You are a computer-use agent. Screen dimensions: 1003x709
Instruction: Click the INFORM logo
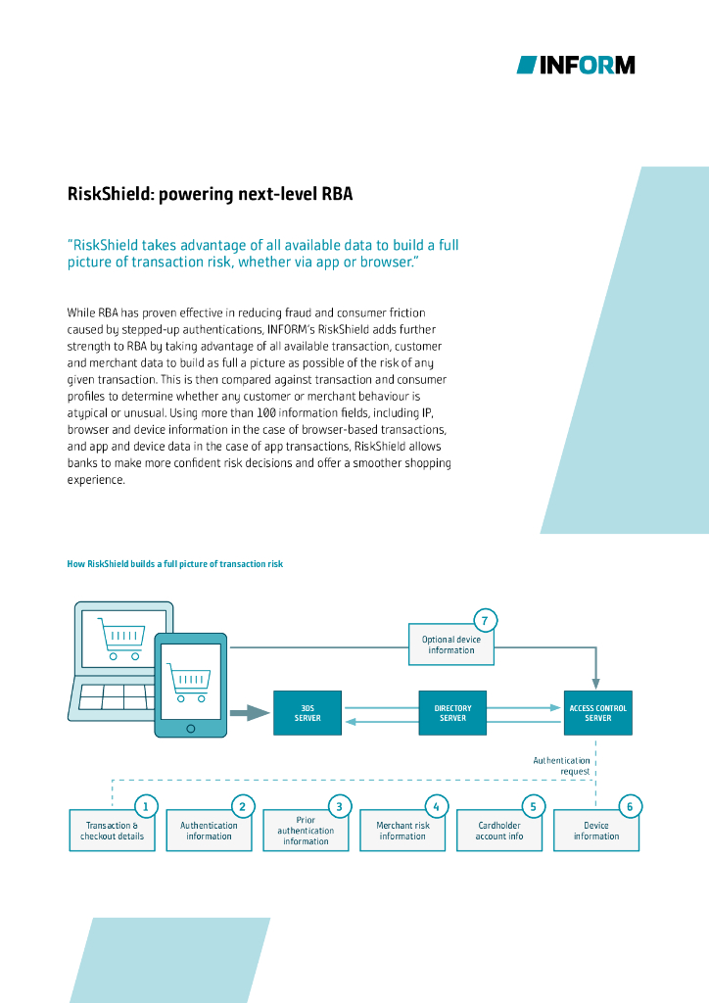(576, 65)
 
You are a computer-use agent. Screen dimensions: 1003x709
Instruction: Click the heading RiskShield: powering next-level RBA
(210, 194)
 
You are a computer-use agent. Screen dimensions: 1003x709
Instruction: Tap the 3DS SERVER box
(307, 712)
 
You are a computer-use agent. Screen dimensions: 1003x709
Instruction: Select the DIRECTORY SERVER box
(452, 712)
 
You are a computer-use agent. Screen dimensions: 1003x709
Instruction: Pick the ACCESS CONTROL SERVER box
(597, 712)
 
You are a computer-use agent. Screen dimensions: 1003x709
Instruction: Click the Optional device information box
(451, 645)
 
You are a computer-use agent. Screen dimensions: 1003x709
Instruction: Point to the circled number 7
(485, 620)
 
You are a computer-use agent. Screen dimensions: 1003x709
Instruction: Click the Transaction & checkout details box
(112, 832)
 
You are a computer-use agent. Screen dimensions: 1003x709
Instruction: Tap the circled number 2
(242, 807)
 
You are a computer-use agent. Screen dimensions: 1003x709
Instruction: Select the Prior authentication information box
(306, 832)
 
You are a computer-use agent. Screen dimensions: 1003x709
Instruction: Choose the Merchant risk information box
(402, 832)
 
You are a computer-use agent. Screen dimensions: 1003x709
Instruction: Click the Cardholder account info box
(499, 832)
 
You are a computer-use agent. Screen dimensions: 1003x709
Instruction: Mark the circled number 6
(630, 807)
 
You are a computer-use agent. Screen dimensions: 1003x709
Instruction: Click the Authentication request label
(562, 765)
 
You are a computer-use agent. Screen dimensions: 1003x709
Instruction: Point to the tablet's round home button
(190, 729)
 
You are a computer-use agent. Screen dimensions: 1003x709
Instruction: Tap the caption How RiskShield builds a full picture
(174, 564)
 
